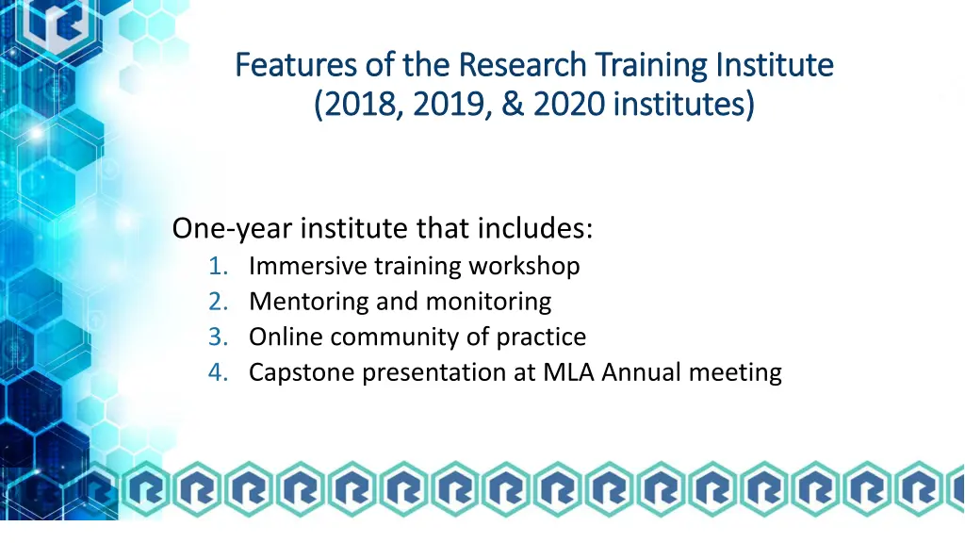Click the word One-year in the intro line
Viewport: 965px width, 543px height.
[x=230, y=229]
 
